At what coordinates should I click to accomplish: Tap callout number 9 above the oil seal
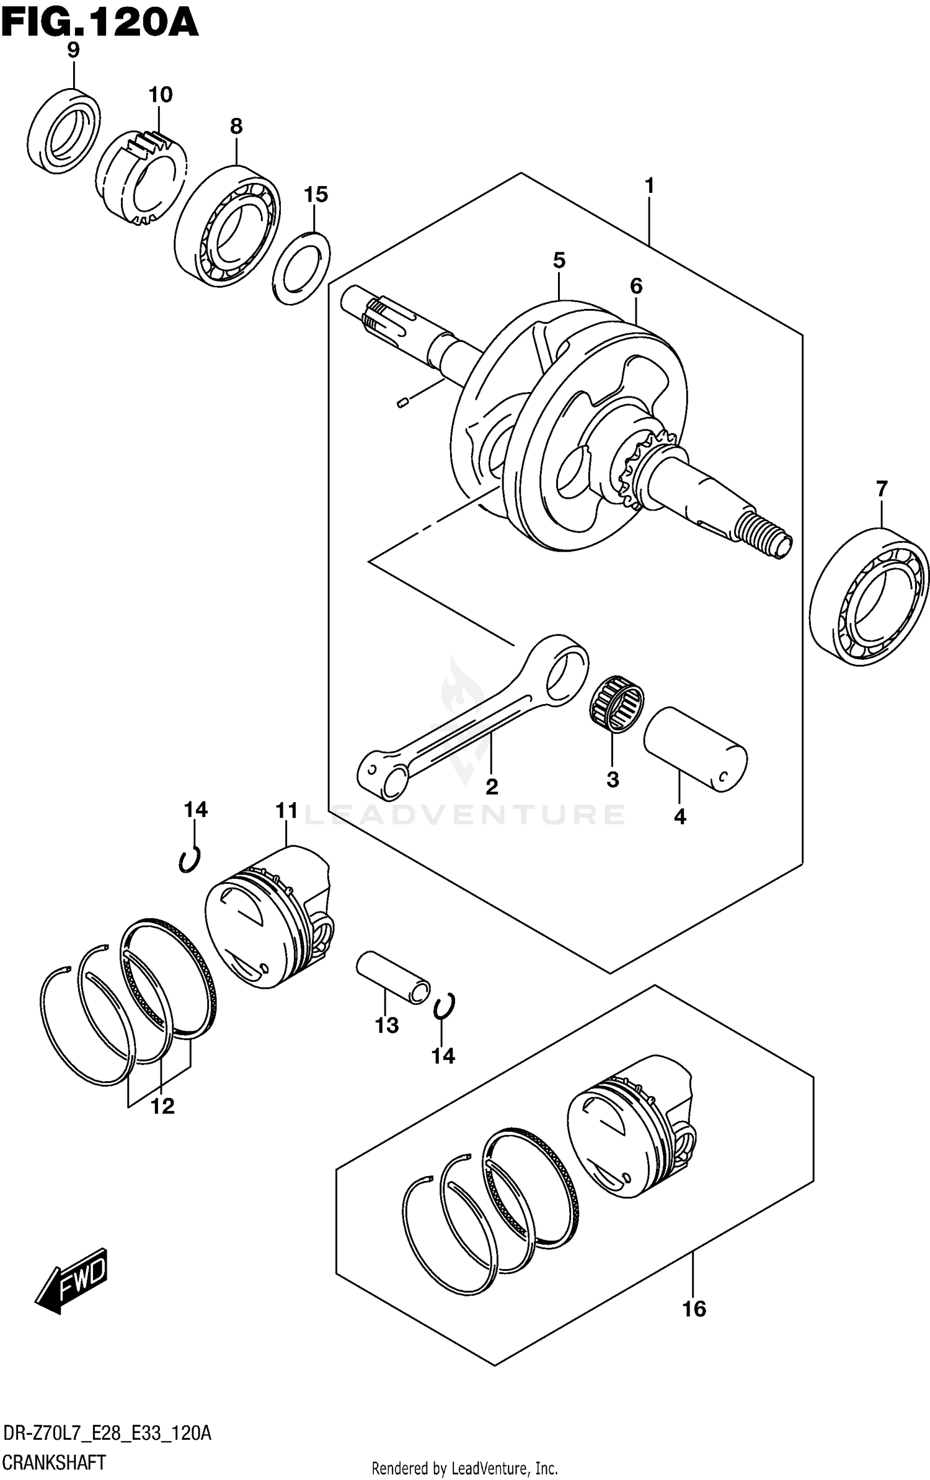[73, 51]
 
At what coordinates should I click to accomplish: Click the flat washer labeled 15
[301, 268]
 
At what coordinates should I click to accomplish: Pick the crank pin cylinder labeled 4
[694, 749]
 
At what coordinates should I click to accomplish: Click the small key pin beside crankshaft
[401, 404]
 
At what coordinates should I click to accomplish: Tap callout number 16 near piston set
[694, 1309]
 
